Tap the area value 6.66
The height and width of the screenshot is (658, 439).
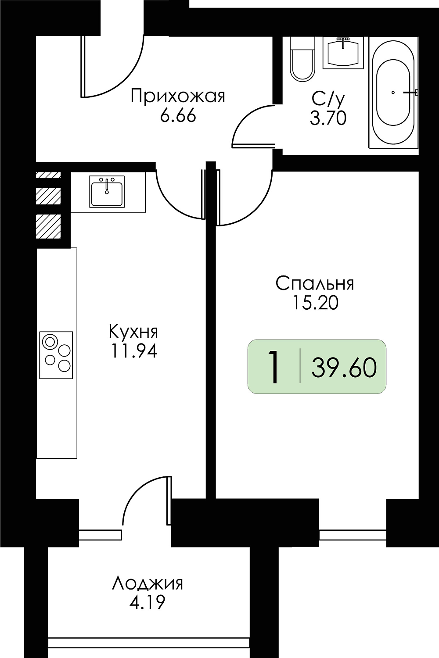click(x=178, y=116)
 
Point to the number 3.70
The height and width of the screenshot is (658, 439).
click(x=328, y=119)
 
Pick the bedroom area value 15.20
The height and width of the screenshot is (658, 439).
click(x=315, y=303)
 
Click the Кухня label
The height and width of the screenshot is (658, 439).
click(x=133, y=332)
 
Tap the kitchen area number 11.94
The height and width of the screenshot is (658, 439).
click(x=133, y=351)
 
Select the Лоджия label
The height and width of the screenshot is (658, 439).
click(x=148, y=584)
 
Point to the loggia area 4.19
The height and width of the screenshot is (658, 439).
click(x=148, y=602)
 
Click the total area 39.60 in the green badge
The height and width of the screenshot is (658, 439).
click(x=344, y=368)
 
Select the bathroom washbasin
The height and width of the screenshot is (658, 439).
click(x=343, y=53)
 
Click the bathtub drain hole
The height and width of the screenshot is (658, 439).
click(x=393, y=93)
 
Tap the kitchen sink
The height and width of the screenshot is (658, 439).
click(x=107, y=191)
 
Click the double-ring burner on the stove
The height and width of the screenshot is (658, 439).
click(x=50, y=342)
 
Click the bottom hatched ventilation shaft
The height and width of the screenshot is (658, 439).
click(x=48, y=226)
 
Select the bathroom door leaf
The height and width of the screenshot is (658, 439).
click(x=253, y=145)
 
